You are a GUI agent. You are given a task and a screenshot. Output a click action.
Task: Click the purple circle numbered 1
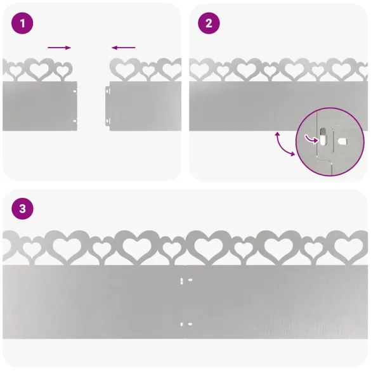coord(22,23)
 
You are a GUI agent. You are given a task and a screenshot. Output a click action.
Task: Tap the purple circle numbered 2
coord(209,23)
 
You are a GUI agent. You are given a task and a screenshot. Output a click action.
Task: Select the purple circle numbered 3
coord(22,209)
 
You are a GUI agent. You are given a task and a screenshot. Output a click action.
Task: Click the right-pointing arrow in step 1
coord(59,48)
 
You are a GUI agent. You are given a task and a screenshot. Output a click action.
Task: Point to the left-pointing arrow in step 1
coord(123,48)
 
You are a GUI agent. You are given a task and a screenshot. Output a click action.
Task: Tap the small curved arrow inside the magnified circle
coord(311,140)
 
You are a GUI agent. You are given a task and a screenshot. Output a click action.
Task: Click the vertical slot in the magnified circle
coord(323,136)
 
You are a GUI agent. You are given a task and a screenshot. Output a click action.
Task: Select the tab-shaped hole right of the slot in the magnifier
coord(342,141)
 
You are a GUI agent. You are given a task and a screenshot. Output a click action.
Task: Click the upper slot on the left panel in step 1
coord(75,91)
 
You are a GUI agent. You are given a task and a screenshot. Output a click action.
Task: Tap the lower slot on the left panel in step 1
coord(75,121)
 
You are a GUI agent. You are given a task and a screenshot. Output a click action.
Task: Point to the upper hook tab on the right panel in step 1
coord(108,91)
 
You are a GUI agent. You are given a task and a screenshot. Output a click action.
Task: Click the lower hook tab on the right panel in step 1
coord(108,122)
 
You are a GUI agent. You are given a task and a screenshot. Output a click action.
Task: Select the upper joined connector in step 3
coord(186,280)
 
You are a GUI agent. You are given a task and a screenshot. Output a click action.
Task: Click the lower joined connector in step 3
coord(186,324)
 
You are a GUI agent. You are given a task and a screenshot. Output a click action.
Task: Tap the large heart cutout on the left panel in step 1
coord(39,70)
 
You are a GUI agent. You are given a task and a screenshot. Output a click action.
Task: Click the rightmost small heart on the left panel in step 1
coord(62,70)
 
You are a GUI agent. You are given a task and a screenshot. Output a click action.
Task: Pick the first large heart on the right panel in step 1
coord(125,70)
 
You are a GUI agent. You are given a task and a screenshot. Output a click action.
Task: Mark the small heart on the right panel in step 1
coord(148,70)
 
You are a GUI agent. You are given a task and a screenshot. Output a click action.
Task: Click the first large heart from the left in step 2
coord(199,70)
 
